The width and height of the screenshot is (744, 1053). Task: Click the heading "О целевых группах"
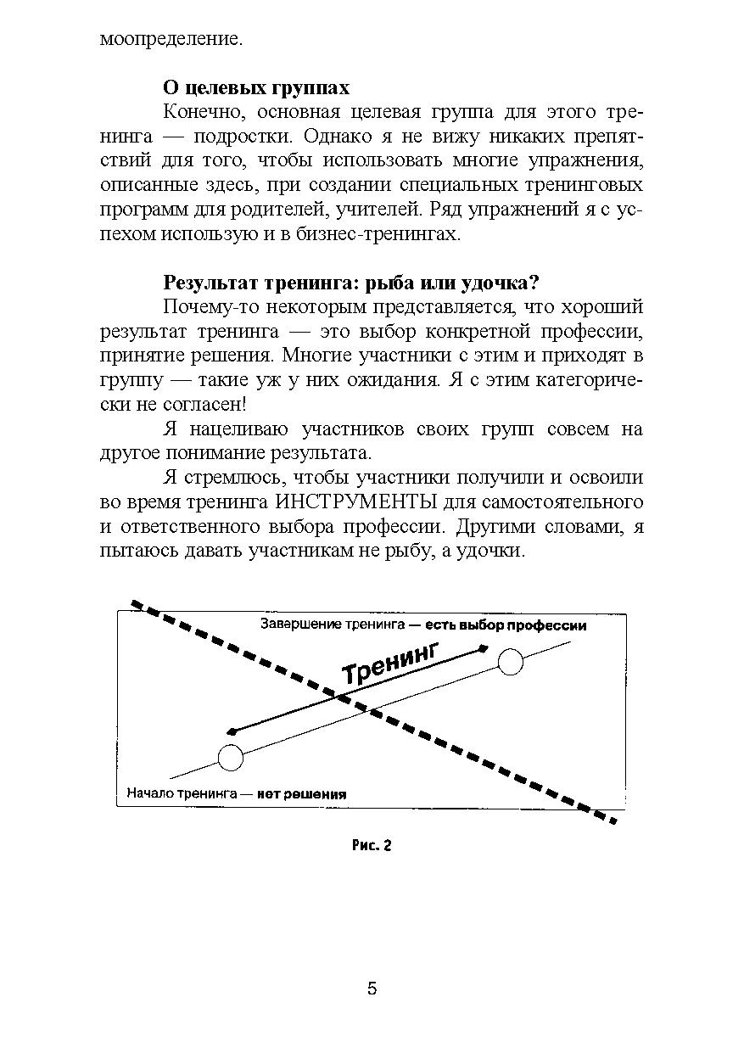(255, 88)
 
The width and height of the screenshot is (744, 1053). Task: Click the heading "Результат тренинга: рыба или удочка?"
(352, 283)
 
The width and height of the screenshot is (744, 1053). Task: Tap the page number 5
(372, 989)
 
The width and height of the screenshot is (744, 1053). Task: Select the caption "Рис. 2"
(372, 845)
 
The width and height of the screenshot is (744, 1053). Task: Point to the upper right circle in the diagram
(511, 661)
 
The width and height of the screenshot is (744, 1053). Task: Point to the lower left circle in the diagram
(231, 757)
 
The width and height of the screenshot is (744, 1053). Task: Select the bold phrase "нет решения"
(302, 795)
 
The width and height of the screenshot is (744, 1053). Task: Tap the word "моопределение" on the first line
(171, 39)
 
